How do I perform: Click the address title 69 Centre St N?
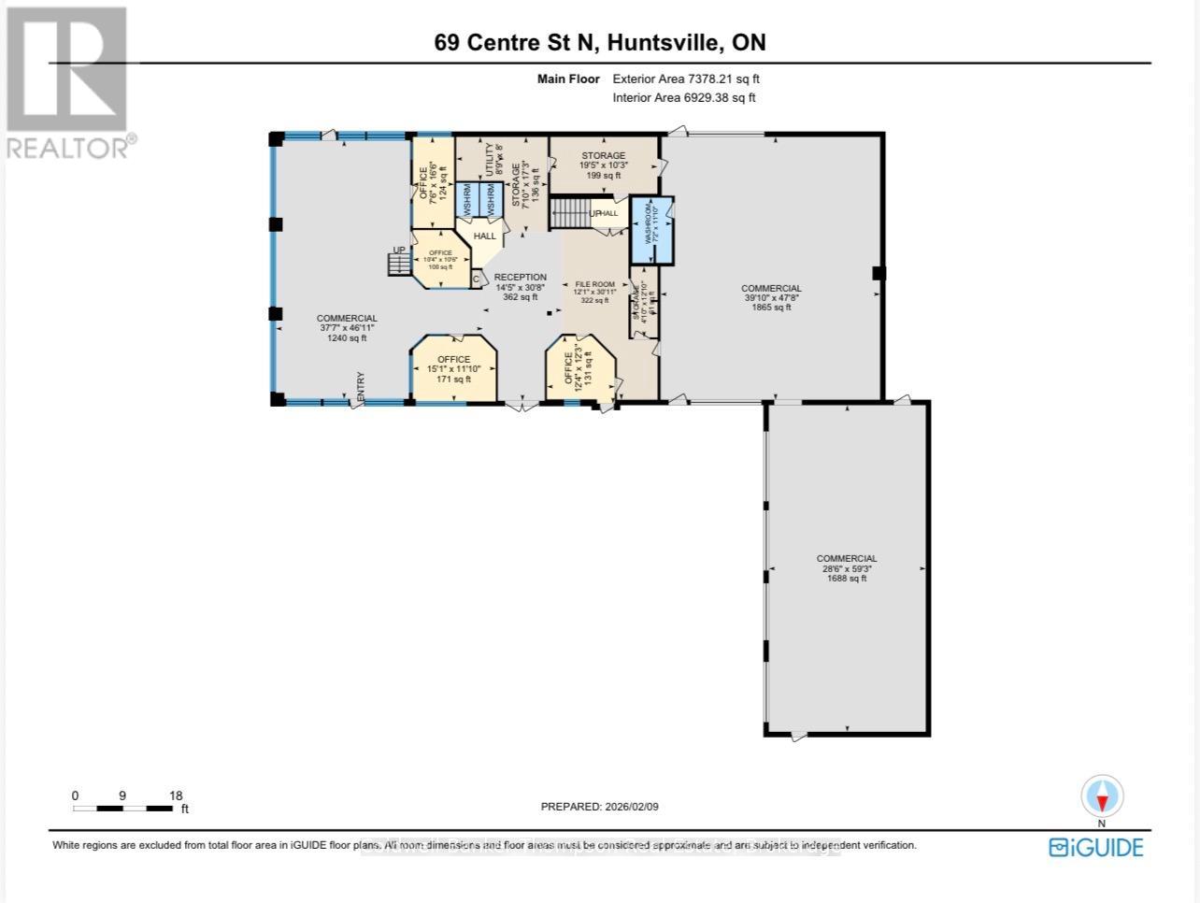598,42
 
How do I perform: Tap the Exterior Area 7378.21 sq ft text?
692,79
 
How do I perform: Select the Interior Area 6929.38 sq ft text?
684,97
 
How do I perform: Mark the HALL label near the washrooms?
484,236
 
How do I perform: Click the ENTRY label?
360,388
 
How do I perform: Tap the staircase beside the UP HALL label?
567,213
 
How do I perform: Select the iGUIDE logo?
1095,847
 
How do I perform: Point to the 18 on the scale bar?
175,795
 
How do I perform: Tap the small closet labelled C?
476,279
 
